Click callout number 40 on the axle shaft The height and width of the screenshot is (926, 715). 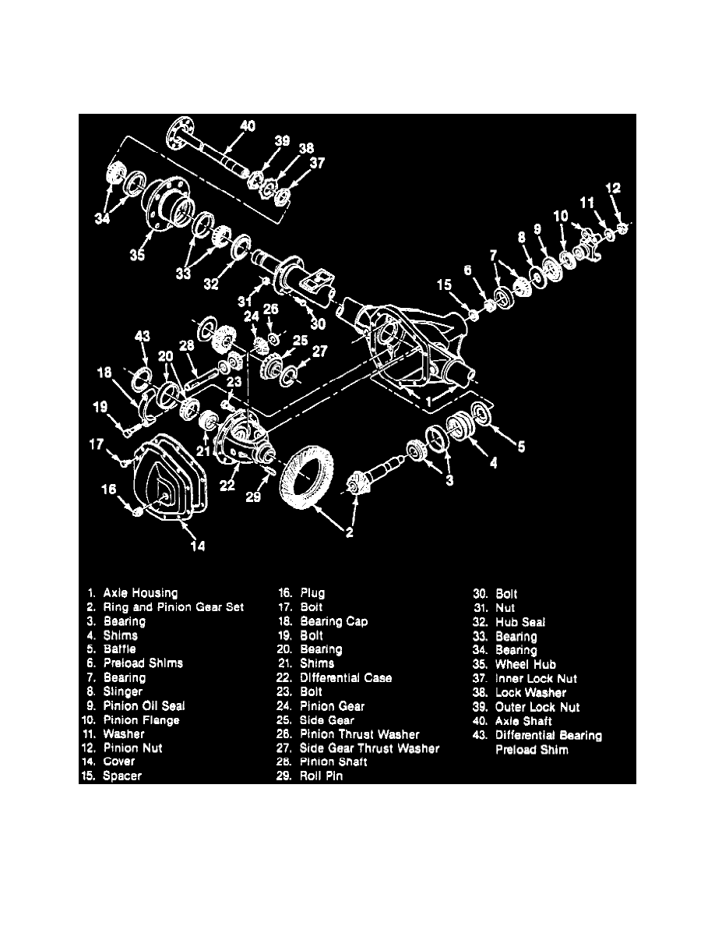(x=248, y=126)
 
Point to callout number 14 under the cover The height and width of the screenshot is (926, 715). (x=199, y=546)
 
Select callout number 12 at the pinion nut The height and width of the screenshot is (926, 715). (x=615, y=188)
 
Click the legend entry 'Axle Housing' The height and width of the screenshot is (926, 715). (x=139, y=593)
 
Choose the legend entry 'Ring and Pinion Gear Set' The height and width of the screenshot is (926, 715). (x=173, y=607)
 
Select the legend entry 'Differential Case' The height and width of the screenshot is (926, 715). (x=346, y=678)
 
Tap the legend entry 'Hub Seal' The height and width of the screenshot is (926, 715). (x=520, y=622)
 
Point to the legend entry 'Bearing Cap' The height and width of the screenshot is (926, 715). (x=334, y=621)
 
